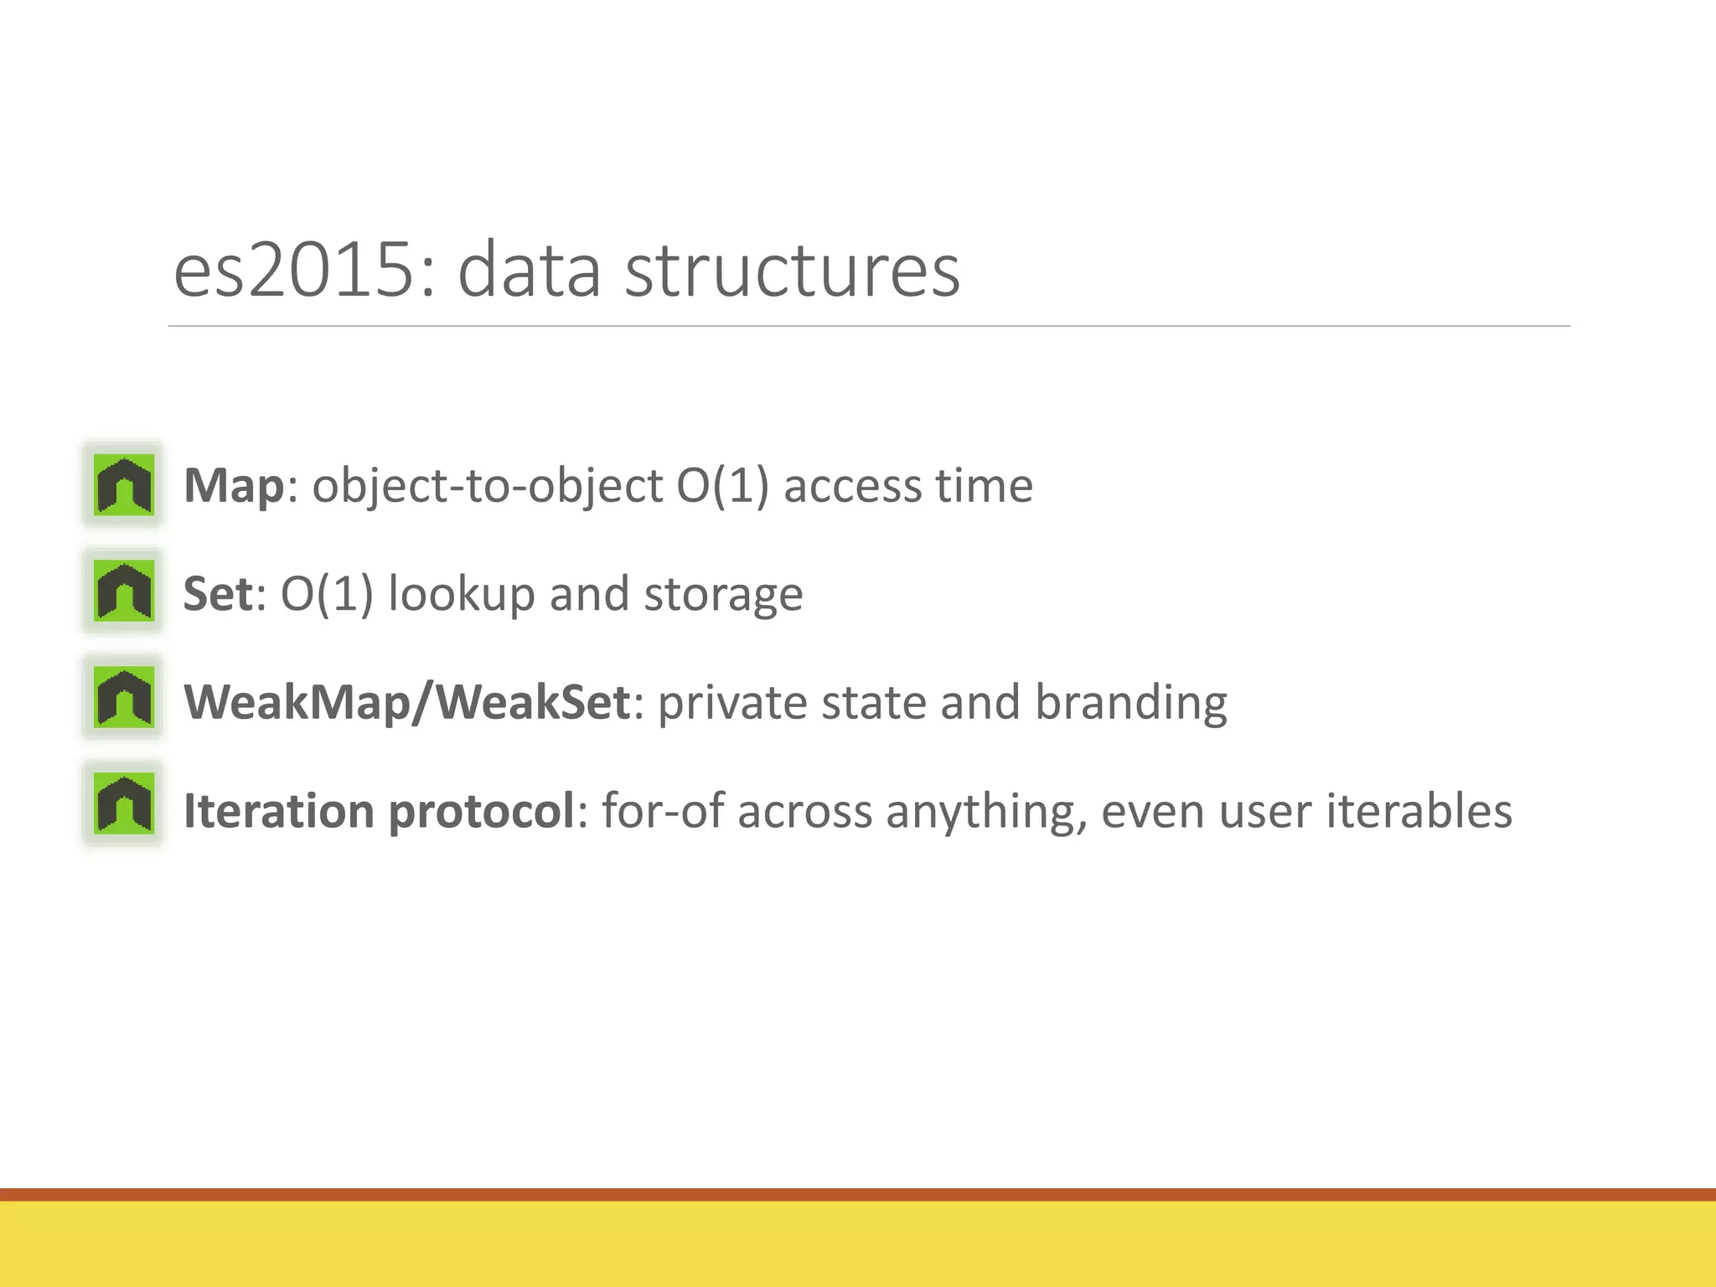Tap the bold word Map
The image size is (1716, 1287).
point(234,486)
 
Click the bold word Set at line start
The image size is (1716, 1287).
point(217,594)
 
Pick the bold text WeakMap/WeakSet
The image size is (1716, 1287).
point(406,702)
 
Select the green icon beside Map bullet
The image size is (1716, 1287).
point(124,484)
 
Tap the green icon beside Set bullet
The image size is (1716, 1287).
point(124,591)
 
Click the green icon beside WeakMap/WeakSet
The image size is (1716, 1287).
point(124,697)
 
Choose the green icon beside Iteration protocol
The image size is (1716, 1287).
point(124,804)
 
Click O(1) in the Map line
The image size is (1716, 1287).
point(721,486)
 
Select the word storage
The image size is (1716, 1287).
point(722,594)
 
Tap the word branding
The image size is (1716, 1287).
point(1130,702)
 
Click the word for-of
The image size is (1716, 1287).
point(662,811)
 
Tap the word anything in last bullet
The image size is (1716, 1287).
point(985,811)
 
